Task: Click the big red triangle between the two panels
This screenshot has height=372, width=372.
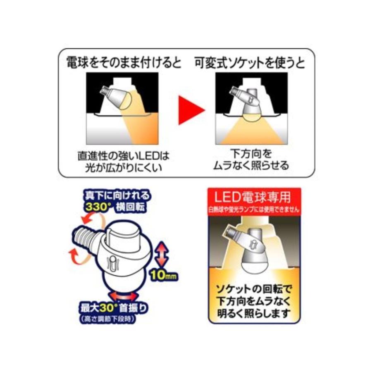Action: tap(191, 110)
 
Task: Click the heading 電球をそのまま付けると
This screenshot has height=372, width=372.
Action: tap(124, 63)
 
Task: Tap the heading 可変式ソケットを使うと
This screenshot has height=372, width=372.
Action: tap(250, 63)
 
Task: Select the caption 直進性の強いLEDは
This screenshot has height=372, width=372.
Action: tap(124, 156)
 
